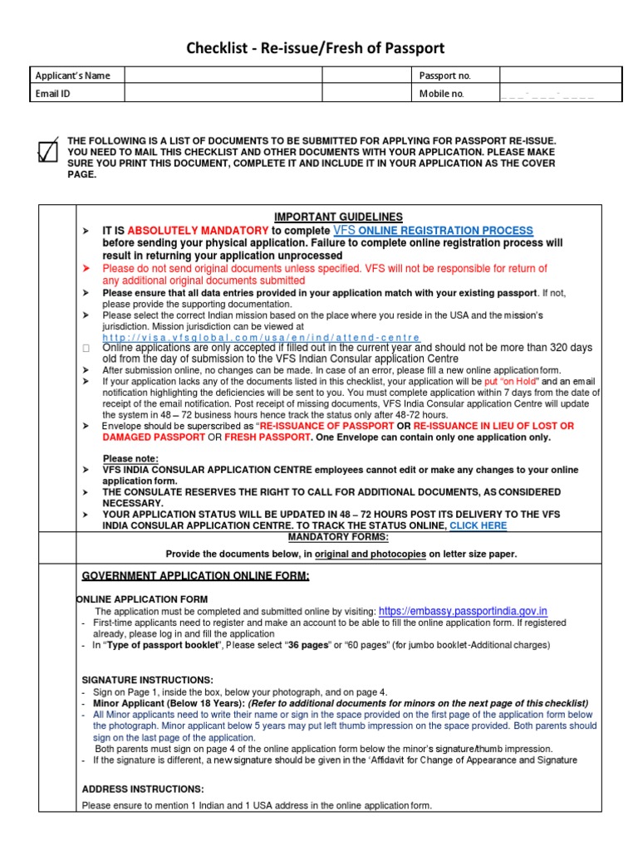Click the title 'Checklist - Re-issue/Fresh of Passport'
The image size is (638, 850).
[x=320, y=49]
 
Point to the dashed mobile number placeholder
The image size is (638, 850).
[x=547, y=95]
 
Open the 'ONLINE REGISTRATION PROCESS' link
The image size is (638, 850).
[x=456, y=230]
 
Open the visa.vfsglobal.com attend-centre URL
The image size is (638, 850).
[x=262, y=338]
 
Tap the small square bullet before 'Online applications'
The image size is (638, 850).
[x=86, y=349]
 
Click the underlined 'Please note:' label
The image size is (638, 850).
[x=130, y=458]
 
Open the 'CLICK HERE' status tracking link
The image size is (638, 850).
[x=478, y=525]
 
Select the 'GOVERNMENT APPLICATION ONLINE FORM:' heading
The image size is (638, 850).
[x=195, y=576]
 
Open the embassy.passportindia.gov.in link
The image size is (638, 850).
[x=463, y=611]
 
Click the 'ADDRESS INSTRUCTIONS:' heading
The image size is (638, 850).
[x=142, y=789]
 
